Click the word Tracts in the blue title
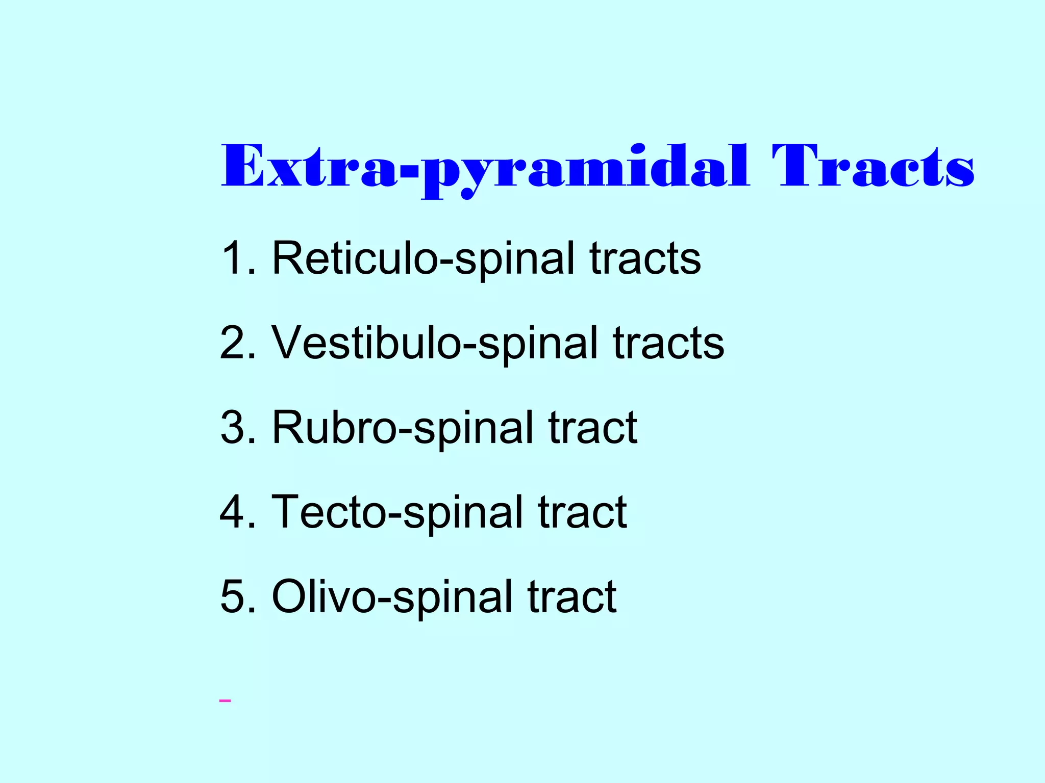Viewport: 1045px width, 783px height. [x=873, y=166]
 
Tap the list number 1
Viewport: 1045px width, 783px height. [x=236, y=258]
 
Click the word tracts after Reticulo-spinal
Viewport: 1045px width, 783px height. [x=645, y=258]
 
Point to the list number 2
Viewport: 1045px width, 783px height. [x=236, y=343]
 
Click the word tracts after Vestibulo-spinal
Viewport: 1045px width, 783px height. [x=668, y=343]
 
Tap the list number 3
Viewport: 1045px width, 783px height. [x=236, y=428]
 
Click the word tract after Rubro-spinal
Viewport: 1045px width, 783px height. [x=592, y=428]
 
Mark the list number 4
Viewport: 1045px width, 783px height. [x=236, y=512]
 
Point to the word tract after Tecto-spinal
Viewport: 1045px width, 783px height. [x=582, y=512]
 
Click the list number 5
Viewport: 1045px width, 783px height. [x=236, y=597]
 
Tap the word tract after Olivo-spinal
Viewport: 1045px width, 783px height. [x=572, y=597]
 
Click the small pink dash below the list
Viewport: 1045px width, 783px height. [x=225, y=701]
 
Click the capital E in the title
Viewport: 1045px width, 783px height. [x=243, y=166]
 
